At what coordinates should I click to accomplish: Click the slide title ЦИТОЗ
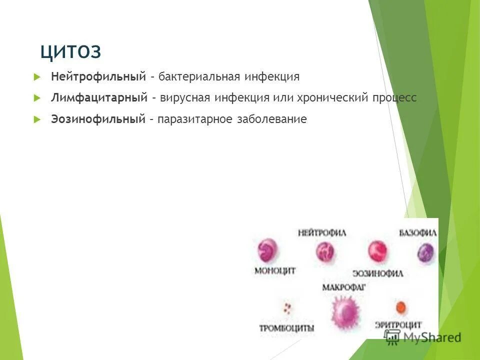pos(70,51)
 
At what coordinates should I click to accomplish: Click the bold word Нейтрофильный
pos(98,76)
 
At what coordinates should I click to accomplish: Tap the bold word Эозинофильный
pos(98,119)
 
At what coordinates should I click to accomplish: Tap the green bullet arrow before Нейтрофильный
pos(36,77)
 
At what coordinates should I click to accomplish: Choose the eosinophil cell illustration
pos(378,251)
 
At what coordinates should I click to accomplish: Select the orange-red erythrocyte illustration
pos(400,307)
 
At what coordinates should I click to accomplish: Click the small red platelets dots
pos(287,307)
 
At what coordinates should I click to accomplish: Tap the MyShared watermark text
pos(431,337)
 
